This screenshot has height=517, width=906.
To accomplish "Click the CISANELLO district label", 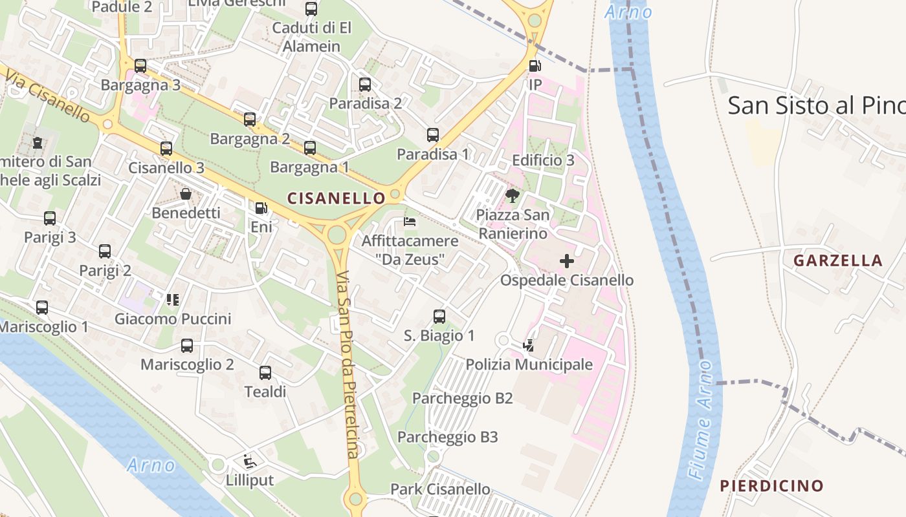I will (336, 198).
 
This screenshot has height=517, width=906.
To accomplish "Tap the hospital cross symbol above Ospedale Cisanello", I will (567, 261).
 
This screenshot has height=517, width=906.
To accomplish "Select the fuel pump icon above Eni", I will (261, 208).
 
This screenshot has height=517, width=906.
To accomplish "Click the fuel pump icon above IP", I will (535, 65).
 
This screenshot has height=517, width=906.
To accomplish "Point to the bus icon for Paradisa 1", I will (433, 135).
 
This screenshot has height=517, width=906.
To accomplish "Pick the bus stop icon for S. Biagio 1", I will (439, 316).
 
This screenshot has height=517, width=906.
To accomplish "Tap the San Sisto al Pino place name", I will (815, 105).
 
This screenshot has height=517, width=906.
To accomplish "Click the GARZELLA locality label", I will (837, 260).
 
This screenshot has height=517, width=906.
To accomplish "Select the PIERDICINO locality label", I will (771, 485).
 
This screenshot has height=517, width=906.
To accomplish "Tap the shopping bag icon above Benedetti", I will (186, 194).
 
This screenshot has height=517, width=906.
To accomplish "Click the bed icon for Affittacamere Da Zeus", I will (410, 222).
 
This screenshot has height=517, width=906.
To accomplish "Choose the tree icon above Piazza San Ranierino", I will (513, 195).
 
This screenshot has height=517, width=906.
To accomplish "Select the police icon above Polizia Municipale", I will (529, 346).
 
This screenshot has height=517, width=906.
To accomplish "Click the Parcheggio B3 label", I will (447, 437).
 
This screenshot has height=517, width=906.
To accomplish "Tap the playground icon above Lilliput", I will (249, 461).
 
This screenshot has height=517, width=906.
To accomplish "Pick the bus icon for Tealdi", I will (265, 372).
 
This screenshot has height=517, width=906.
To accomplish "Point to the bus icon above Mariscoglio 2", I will (187, 345).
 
